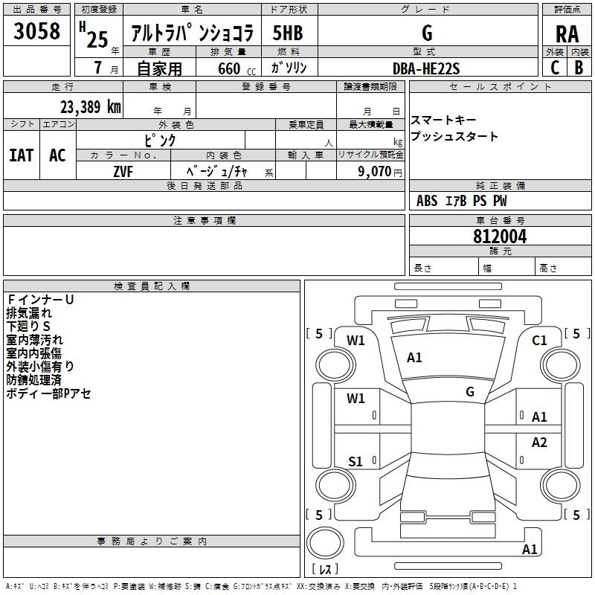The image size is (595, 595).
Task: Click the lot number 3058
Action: [x=36, y=31]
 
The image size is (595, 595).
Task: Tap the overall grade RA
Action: [x=567, y=33]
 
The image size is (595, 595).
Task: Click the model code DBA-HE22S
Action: [x=426, y=68]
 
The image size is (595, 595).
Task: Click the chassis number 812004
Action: [x=500, y=237]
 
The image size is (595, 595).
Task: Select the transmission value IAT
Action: [x=22, y=155]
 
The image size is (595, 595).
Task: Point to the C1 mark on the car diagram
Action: [x=539, y=341]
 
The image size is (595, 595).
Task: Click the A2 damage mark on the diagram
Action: [x=539, y=443]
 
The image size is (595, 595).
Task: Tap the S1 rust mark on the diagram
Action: [x=356, y=462]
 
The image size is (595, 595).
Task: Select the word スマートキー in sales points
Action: [x=443, y=120]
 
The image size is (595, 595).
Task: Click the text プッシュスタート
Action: [x=454, y=137]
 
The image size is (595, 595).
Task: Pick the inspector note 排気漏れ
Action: [x=30, y=313]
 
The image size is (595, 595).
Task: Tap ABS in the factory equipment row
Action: [x=427, y=201]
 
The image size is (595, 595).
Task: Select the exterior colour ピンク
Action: [x=160, y=140]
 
